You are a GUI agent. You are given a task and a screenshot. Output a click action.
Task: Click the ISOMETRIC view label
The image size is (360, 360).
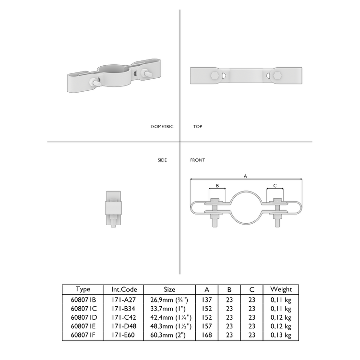tap(162, 127)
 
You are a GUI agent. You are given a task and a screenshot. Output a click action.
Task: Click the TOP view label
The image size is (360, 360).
tap(197, 127)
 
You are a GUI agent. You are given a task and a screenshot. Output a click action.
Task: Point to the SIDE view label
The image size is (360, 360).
tap(162, 160)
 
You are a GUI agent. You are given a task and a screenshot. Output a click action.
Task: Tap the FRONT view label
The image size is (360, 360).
tap(197, 160)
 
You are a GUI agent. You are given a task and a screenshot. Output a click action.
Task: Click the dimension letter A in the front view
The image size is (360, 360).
tap(245, 176)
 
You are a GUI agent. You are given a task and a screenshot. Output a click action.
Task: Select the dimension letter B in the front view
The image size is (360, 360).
tap(217, 185)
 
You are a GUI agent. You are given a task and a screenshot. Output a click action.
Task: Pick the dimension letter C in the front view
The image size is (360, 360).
tap(275, 185)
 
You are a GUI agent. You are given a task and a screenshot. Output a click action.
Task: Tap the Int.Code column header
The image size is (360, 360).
tap(124, 289)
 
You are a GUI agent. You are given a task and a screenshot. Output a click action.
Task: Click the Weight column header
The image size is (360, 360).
tap(281, 289)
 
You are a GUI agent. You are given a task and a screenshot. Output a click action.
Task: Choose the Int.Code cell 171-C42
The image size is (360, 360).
tap(124, 318)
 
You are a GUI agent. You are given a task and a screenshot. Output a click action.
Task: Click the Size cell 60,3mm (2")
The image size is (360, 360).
tap(169, 336)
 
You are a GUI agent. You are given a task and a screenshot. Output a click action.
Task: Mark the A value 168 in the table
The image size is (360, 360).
tap(207, 336)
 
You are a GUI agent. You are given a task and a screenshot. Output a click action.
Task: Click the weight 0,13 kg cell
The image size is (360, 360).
tap(281, 336)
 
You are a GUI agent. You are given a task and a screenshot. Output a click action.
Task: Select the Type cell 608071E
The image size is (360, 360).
tap(83, 327)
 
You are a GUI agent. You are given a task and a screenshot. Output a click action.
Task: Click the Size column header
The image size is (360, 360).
tap(169, 289)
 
